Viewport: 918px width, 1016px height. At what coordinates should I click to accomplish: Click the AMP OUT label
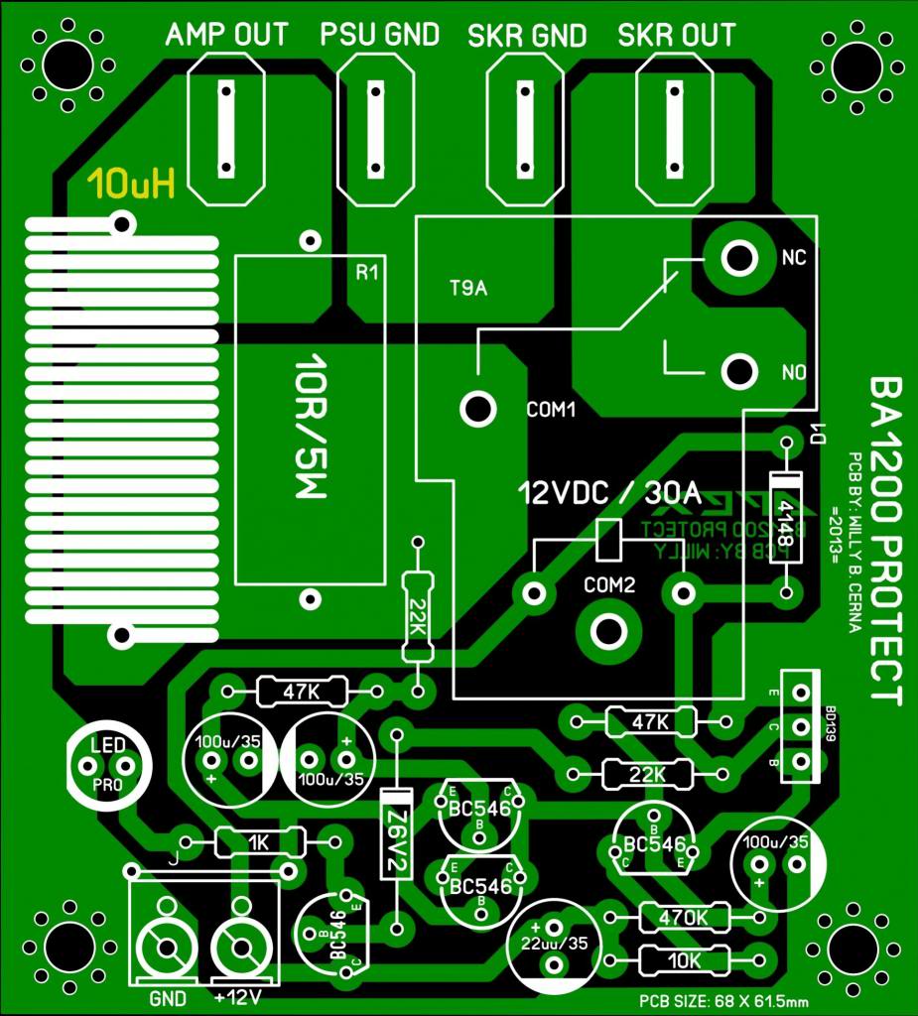click(x=226, y=36)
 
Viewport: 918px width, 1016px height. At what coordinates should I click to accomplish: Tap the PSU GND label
click(x=379, y=36)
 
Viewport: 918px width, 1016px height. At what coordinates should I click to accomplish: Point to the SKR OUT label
click(x=676, y=37)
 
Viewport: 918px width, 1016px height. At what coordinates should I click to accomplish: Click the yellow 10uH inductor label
click(x=131, y=184)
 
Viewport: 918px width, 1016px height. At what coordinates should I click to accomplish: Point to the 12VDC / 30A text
click(x=609, y=492)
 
